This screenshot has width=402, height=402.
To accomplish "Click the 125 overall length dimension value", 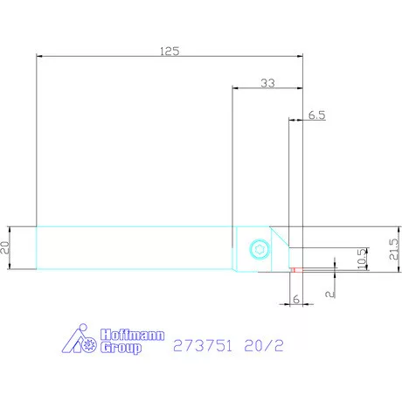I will coord(170,50).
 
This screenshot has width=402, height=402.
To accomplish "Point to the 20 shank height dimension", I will coord(5,247).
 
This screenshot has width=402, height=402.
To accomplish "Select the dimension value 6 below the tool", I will coord(295,298).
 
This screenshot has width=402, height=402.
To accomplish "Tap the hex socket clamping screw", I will coord(258,249).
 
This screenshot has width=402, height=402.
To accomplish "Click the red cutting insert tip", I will coord(295,269).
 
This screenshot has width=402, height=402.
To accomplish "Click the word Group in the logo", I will coord(120,347).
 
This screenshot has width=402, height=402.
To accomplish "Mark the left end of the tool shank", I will coord(37,248).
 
